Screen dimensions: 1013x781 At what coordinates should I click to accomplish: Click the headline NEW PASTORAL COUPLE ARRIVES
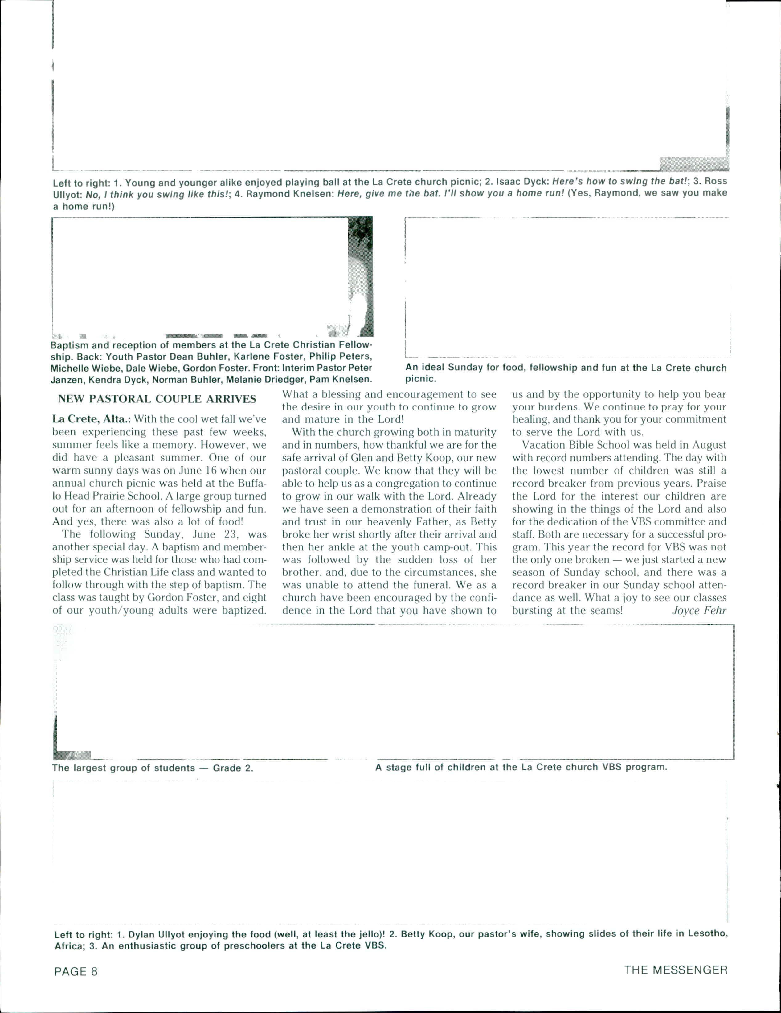click(x=157, y=399)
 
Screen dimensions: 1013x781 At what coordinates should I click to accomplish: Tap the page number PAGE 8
click(x=76, y=971)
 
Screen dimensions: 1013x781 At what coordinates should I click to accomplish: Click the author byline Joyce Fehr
click(x=699, y=610)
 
